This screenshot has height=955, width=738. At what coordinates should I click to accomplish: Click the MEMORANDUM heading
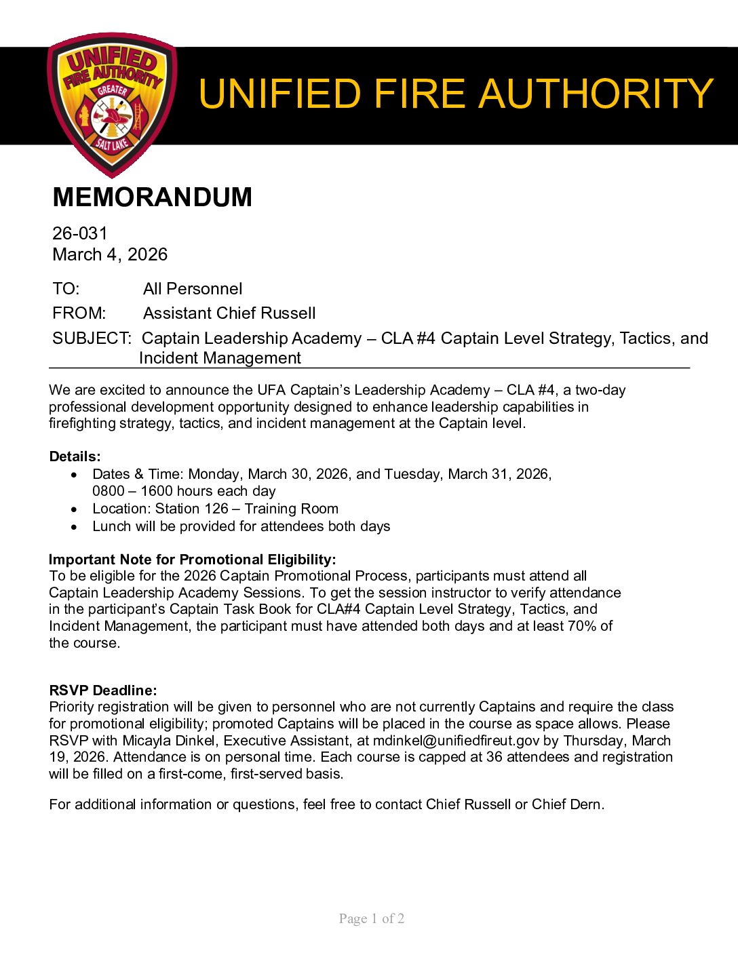point(152,197)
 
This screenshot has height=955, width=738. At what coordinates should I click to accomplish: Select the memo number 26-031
point(80,233)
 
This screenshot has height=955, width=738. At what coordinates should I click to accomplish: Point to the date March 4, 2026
point(110,254)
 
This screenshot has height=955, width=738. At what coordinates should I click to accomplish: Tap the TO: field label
point(66,289)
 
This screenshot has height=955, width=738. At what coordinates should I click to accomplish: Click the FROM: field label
point(79,313)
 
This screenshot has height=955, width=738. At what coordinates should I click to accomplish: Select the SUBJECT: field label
point(92,338)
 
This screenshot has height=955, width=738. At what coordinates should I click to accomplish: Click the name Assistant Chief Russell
point(229,313)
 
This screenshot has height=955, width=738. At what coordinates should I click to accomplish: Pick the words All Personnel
point(193,289)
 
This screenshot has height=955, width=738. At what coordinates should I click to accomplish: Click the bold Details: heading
point(75,456)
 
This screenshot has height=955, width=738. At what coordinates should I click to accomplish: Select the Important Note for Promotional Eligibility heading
point(193,560)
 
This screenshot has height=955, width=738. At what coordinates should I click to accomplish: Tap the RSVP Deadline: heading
point(103,690)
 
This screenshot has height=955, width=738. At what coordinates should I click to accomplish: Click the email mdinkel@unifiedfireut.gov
point(456,741)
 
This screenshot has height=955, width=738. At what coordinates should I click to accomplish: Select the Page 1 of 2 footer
point(372,919)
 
